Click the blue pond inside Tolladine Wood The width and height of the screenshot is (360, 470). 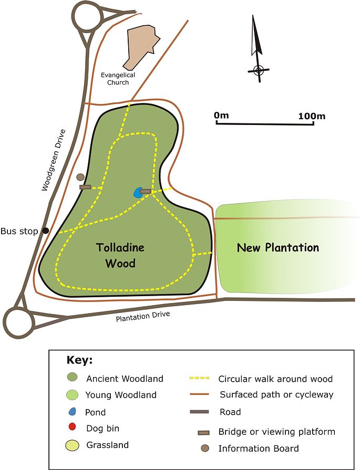click(x=138, y=193)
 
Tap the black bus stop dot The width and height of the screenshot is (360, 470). click(x=46, y=231)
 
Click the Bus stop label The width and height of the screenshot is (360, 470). click(x=19, y=231)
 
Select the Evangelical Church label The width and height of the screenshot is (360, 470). click(x=118, y=79)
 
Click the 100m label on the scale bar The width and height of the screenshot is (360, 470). click(x=311, y=116)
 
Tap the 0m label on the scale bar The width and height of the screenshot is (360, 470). click(x=221, y=116)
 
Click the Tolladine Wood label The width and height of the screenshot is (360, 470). click(x=120, y=255)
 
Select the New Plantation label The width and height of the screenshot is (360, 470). click(x=277, y=247)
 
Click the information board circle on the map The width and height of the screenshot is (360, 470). click(x=80, y=177)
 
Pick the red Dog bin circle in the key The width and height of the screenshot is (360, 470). click(x=73, y=428)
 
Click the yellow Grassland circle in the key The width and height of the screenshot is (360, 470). click(x=73, y=445)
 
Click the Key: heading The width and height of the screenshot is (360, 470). click(x=79, y=361)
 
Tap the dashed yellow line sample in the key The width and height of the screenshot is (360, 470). click(x=199, y=378)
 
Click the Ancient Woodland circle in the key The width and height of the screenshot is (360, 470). click(x=73, y=378)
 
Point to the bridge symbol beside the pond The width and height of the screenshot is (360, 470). click(x=146, y=192)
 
